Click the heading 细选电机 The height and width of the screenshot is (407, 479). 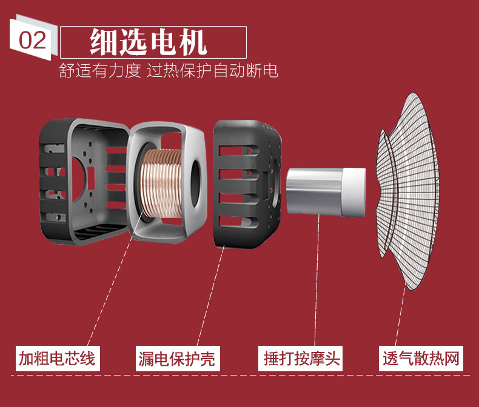click(x=149, y=41)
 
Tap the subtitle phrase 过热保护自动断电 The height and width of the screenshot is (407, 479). click(x=212, y=71)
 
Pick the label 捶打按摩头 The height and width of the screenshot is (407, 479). click(x=301, y=359)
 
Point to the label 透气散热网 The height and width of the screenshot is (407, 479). click(x=421, y=359)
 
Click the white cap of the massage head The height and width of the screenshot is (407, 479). click(x=353, y=191)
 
